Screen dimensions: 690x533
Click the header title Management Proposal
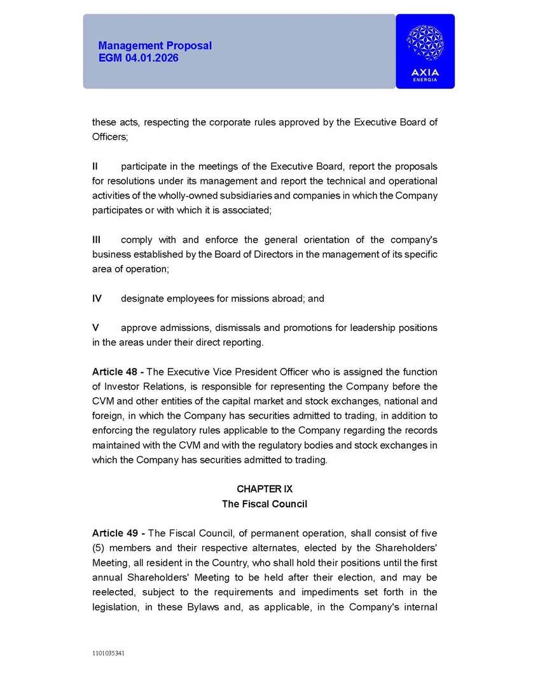(155, 46)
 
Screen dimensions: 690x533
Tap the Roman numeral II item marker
(95, 166)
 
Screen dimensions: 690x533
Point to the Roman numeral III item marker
(97, 240)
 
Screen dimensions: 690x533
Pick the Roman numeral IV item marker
(97, 299)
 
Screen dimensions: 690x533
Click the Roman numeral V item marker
(95, 328)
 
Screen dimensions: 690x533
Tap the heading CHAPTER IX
(264, 489)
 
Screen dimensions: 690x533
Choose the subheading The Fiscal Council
(264, 504)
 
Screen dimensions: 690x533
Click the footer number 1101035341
(108, 653)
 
